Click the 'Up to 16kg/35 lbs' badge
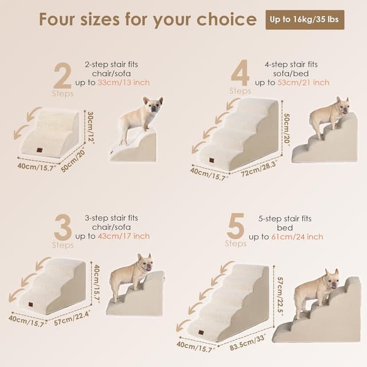point(304,19)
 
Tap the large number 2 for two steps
point(63,76)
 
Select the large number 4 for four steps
point(240,73)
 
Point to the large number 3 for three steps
point(63,227)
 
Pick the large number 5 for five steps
point(236,226)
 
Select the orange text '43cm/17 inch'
point(124,236)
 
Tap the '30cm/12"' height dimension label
point(91,127)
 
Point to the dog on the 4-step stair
point(328,117)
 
